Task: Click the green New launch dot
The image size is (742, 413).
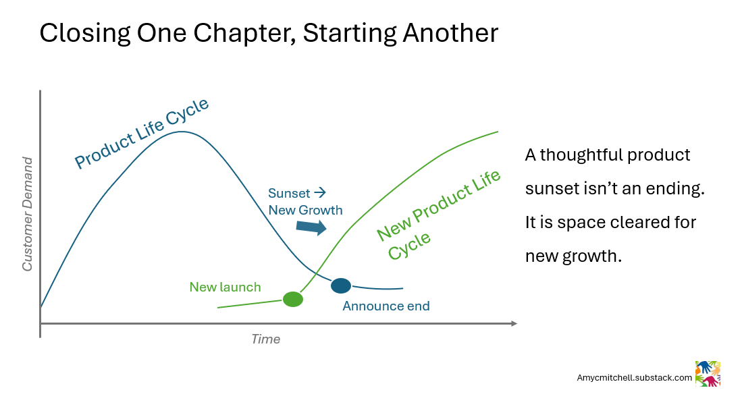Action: (x=292, y=299)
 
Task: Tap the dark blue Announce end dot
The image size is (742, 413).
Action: (x=341, y=285)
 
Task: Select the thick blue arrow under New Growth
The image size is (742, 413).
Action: (x=311, y=227)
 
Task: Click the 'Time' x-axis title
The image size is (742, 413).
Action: (x=265, y=339)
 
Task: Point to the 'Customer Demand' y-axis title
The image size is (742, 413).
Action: (x=27, y=214)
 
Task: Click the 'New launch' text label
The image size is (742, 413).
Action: (x=225, y=287)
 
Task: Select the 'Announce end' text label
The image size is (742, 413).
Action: (x=386, y=306)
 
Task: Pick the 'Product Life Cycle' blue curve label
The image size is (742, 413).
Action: (x=142, y=133)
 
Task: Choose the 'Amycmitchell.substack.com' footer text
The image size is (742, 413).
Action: (x=634, y=378)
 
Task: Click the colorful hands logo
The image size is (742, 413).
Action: (x=708, y=373)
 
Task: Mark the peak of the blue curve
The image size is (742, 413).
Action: (x=182, y=131)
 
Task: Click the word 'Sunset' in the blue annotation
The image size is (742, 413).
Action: (x=289, y=193)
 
